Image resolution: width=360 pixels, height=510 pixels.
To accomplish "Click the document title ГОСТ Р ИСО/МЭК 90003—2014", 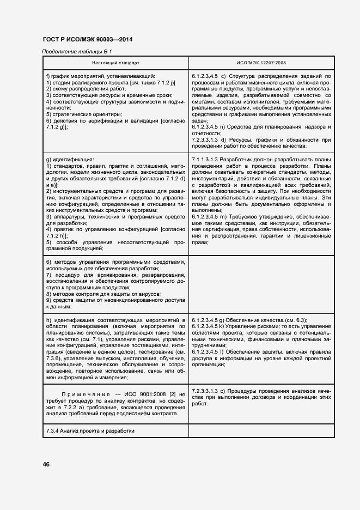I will [87, 40].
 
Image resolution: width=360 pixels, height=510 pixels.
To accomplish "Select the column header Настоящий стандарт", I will [115, 63].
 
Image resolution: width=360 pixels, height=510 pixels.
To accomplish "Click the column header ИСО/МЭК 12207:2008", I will [260, 63].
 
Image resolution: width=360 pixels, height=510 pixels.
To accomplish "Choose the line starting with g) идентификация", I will [71, 159].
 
